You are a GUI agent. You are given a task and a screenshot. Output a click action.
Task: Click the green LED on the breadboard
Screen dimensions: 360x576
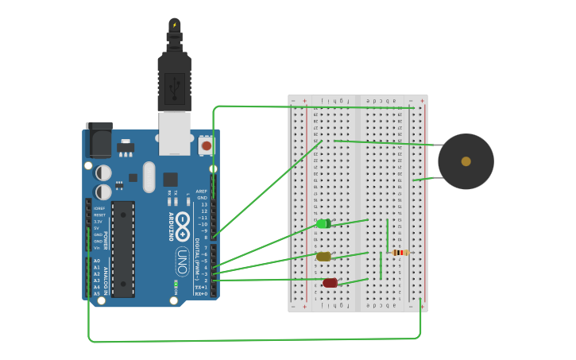click(323, 224)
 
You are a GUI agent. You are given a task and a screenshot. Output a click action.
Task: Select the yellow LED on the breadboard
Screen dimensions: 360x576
click(323, 257)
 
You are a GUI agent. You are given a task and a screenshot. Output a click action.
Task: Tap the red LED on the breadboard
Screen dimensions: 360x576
click(330, 283)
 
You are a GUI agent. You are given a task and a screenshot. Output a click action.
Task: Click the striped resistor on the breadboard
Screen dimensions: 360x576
click(400, 253)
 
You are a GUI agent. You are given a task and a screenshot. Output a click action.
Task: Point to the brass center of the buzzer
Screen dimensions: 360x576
click(466, 161)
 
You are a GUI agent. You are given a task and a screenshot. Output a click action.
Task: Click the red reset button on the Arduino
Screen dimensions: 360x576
click(207, 145)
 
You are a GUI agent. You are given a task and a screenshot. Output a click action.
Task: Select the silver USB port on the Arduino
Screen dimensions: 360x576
click(175, 133)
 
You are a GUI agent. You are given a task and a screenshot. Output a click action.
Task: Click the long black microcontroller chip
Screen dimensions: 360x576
click(123, 249)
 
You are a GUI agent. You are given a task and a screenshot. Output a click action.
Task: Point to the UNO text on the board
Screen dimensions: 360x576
click(182, 261)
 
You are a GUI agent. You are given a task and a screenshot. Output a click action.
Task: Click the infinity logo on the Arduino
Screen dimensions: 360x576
click(183, 226)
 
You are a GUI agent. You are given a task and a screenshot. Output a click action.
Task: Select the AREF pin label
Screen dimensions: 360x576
click(202, 192)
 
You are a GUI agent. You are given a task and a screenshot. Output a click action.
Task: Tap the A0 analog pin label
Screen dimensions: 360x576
click(97, 261)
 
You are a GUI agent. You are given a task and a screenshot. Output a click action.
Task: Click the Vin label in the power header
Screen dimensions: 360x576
click(97, 248)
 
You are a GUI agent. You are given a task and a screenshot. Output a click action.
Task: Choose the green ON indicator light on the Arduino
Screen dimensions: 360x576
click(176, 283)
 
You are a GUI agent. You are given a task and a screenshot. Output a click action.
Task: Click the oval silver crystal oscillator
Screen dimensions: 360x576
click(149, 176)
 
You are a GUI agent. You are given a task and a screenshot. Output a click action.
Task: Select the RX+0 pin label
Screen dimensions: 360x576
click(201, 293)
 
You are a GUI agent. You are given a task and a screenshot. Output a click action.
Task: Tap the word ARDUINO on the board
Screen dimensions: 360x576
click(170, 226)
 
